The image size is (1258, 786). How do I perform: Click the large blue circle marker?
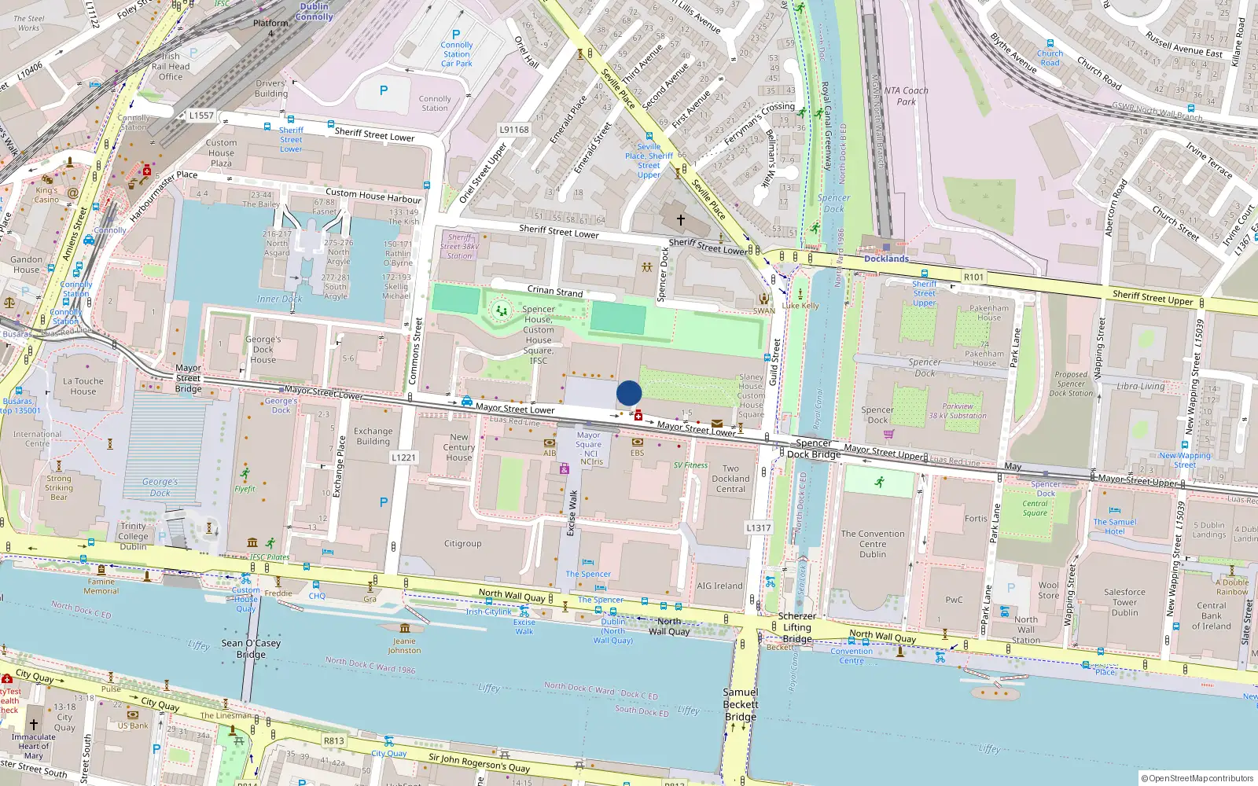click(x=629, y=393)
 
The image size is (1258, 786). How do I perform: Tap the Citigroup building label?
click(x=462, y=544)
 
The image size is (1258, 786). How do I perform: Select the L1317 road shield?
click(x=758, y=528)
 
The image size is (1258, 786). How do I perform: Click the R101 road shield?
click(x=973, y=277)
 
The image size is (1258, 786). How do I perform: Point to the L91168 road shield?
click(x=514, y=130)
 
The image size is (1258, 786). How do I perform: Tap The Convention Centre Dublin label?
click(x=873, y=544)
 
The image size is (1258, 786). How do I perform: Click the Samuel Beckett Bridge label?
click(x=741, y=704)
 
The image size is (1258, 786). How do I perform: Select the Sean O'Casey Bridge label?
click(x=251, y=648)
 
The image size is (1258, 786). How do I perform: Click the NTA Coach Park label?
click(x=906, y=96)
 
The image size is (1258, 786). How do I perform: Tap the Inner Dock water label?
click(x=279, y=299)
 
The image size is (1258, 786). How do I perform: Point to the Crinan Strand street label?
click(x=555, y=292)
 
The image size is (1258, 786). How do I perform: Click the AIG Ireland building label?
click(x=719, y=586)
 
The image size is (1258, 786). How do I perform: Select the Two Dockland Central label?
click(x=730, y=479)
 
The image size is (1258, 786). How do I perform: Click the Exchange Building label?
click(x=373, y=436)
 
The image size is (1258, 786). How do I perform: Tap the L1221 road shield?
click(x=403, y=457)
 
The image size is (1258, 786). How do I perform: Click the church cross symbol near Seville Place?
click(x=681, y=220)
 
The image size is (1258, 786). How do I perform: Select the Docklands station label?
click(x=886, y=259)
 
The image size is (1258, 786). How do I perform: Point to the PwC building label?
click(x=954, y=600)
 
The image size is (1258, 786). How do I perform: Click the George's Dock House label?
click(x=263, y=350)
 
